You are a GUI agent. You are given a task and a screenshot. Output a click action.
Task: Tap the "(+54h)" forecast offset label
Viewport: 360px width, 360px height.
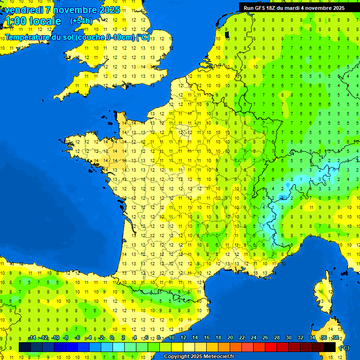[x=81, y=21]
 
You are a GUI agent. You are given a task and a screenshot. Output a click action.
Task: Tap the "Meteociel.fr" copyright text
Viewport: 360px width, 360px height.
[x=218, y=357]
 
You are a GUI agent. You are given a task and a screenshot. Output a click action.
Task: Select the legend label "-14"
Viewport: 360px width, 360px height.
[x=32, y=338]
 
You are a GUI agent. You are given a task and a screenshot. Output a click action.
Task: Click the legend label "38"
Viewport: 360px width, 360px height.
[x=336, y=338]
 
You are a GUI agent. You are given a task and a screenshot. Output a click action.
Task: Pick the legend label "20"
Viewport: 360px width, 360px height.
[x=230, y=338]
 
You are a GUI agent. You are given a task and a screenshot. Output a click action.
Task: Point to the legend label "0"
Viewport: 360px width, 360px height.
[x=112, y=338]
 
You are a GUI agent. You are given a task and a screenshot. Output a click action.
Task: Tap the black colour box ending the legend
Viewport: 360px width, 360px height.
[x=330, y=347]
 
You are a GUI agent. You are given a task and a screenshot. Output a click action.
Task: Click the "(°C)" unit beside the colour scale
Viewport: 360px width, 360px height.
[x=344, y=348]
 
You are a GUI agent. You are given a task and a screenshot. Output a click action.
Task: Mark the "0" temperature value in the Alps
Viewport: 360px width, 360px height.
[x=320, y=179]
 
